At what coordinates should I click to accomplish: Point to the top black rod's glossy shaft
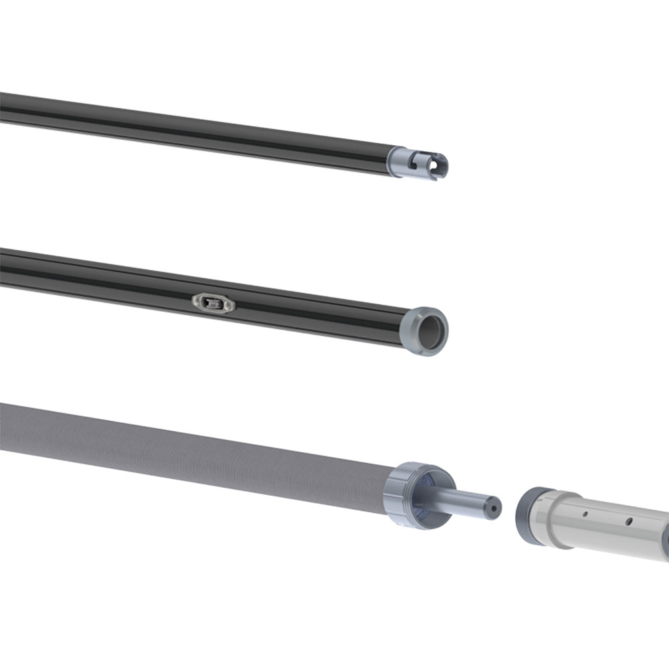[201, 130]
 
